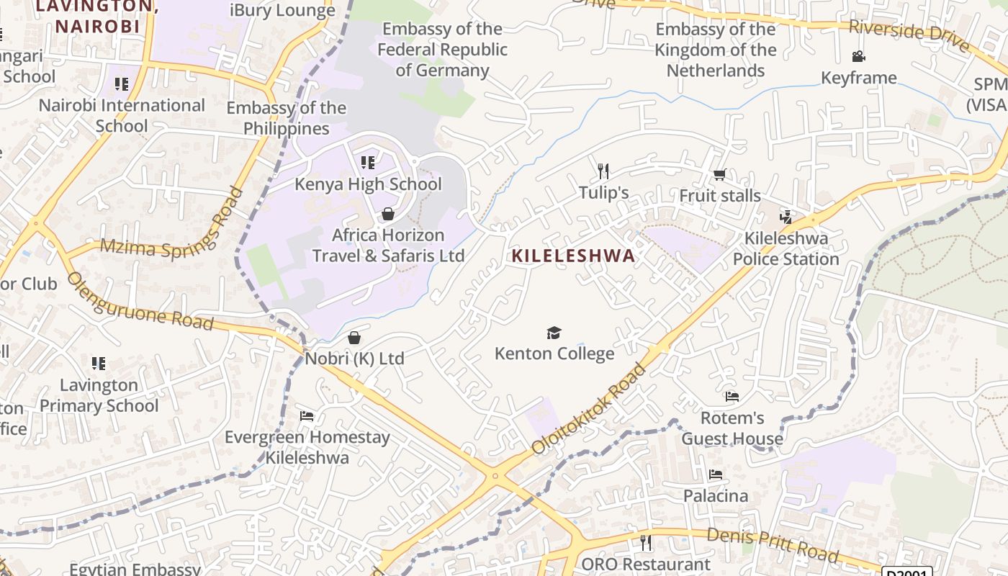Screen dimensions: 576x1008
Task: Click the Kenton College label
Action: (554, 354)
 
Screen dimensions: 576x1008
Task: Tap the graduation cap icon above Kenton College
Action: (554, 333)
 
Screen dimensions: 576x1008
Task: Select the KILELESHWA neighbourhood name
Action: (574, 256)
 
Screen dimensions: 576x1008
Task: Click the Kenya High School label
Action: (368, 184)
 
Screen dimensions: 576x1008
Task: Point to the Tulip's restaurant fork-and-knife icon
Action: (603, 171)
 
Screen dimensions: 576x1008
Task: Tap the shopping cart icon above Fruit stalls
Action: (719, 175)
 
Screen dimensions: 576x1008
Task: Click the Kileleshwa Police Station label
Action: (786, 248)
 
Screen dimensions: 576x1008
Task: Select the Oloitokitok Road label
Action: (589, 409)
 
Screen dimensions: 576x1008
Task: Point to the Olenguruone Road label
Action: (140, 301)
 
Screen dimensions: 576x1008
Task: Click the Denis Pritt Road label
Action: (772, 544)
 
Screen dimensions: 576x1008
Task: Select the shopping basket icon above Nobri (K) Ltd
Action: (354, 338)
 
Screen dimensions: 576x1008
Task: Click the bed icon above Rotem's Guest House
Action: (732, 396)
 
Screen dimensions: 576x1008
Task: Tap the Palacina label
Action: (716, 496)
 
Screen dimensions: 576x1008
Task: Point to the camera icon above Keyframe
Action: (858, 56)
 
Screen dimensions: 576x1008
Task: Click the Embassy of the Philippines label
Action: (286, 118)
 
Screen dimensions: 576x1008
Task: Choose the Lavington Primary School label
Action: (99, 395)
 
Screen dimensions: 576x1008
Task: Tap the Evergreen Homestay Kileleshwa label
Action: (307, 447)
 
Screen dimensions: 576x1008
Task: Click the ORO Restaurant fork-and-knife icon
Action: (645, 542)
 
